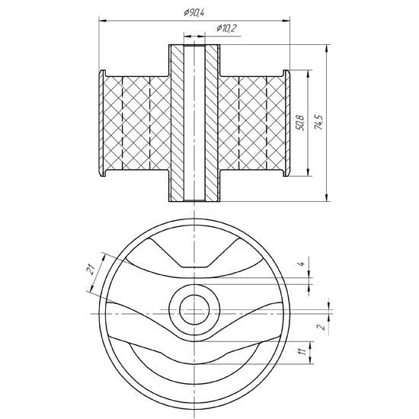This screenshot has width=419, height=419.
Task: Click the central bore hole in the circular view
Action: [194, 307]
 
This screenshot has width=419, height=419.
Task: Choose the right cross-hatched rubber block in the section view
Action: [251, 123]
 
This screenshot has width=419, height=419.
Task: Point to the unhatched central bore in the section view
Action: [194, 123]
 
